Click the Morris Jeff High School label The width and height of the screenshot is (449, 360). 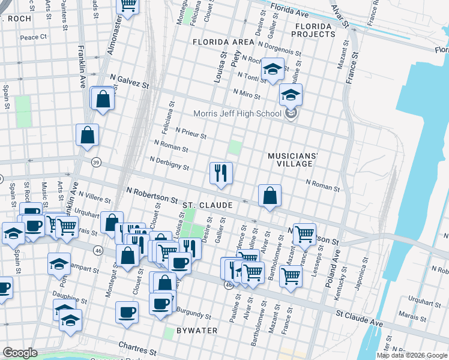pos(237,113)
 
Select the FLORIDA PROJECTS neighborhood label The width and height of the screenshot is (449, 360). pos(313,31)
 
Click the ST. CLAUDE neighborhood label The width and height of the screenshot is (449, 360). pos(207,205)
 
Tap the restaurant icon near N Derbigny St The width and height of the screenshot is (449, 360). pos(221,173)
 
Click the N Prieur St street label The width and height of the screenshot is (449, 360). pos(191,133)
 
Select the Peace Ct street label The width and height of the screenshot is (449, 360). pos(33,37)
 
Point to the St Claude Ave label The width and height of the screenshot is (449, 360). pos(359,318)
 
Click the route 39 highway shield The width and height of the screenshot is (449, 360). pos(95,162)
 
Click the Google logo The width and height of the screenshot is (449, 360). pos(20,353)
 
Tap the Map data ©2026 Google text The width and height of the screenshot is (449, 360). pos(411,355)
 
